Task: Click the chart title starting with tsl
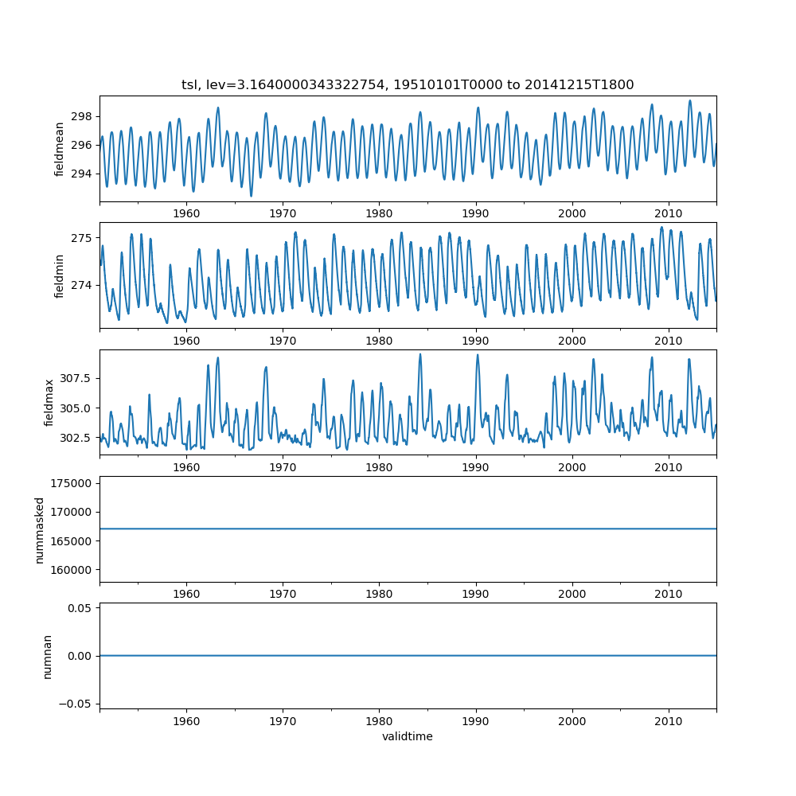(408, 85)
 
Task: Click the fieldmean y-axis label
(60, 150)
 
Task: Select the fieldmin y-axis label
(60, 276)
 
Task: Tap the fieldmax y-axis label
(49, 403)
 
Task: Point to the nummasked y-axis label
(39, 530)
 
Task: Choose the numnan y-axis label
(47, 656)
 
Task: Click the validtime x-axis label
(408, 736)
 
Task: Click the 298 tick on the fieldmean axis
(82, 116)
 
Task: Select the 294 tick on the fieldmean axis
(82, 174)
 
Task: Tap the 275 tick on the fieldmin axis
(82, 238)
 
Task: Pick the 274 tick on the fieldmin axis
(82, 285)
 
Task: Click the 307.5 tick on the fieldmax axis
(76, 378)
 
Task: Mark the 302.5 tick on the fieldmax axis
(76, 438)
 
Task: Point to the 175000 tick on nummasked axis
(72, 483)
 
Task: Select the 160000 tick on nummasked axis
(72, 570)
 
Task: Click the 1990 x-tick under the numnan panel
(476, 721)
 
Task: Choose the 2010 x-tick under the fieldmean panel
(669, 214)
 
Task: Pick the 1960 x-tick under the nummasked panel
(186, 595)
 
